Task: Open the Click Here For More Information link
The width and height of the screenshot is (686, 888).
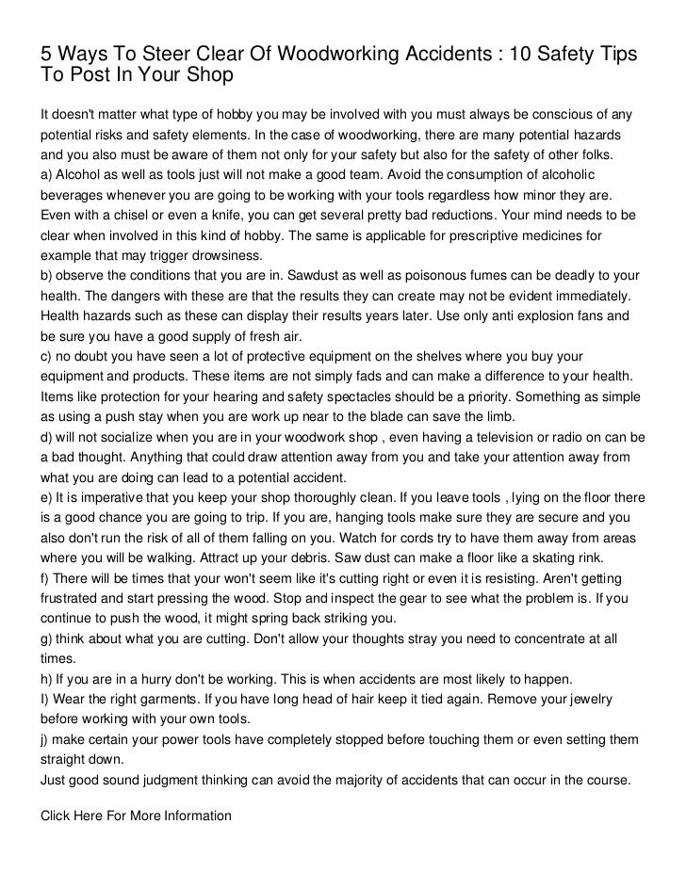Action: (135, 815)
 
